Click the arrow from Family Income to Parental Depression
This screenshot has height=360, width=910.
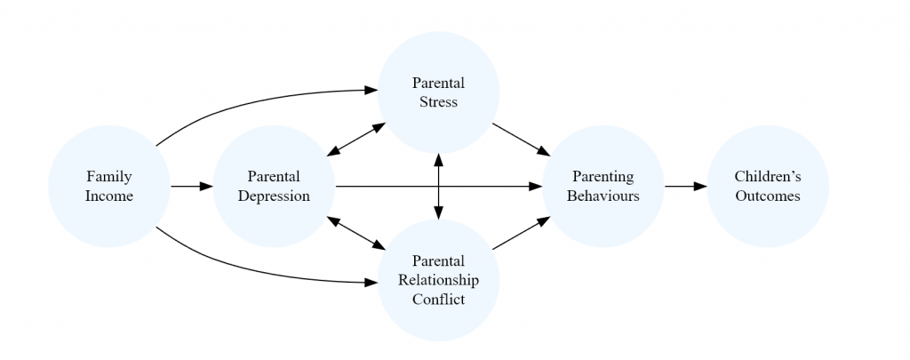click(191, 187)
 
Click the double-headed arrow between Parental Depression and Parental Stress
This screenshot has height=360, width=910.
click(355, 140)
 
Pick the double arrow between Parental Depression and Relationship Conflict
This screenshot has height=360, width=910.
click(355, 233)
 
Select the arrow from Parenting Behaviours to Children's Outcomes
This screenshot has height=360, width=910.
click(685, 187)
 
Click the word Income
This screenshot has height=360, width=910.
click(108, 196)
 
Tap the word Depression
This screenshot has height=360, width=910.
click(274, 196)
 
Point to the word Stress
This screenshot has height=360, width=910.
click(438, 102)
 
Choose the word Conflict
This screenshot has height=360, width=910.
click(438, 300)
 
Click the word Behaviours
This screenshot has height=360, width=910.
click(603, 196)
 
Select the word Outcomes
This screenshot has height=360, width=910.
click(768, 196)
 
